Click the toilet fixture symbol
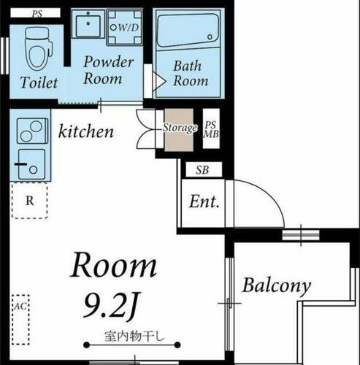click(35, 46)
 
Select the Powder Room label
click(107, 70)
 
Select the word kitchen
click(86, 131)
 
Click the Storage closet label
click(180, 128)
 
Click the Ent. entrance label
click(205, 202)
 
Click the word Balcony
click(277, 285)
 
